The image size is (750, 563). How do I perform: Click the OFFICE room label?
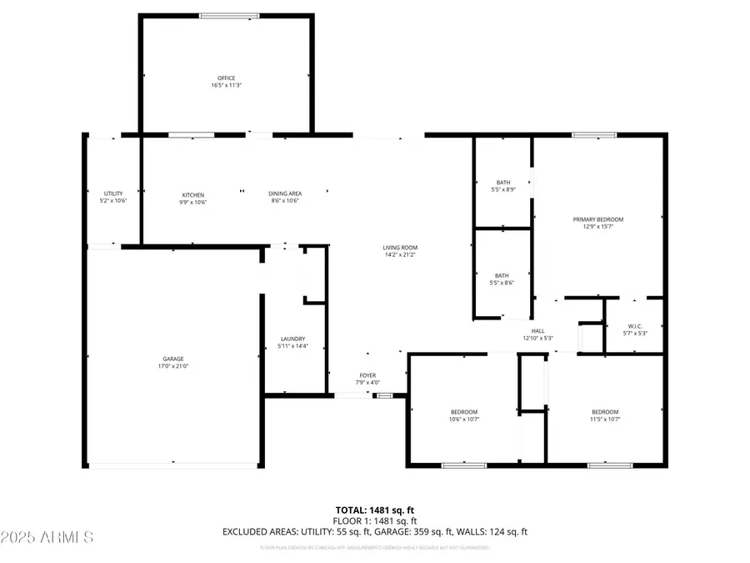click(x=227, y=78)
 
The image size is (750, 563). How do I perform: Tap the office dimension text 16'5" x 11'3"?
click(x=227, y=85)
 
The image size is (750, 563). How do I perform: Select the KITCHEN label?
click(x=193, y=195)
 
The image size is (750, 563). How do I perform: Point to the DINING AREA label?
click(x=283, y=195)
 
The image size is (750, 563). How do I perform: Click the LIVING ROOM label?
click(x=400, y=248)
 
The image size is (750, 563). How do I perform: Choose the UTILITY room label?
click(x=112, y=194)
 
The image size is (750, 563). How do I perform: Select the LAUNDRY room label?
click(x=292, y=339)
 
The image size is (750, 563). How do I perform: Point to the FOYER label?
click(x=367, y=375)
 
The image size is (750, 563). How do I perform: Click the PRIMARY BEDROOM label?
click(x=597, y=219)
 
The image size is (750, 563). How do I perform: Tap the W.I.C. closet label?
click(x=634, y=326)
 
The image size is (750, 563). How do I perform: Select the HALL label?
click(x=537, y=331)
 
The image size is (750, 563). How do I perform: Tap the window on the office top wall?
click(x=228, y=15)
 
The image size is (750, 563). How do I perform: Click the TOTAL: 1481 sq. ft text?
click(x=374, y=509)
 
